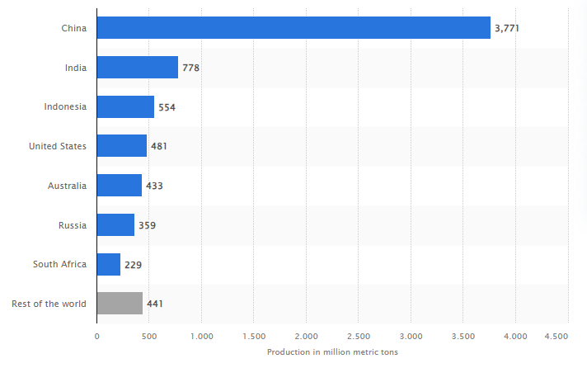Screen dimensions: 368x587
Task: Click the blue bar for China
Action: tap(293, 28)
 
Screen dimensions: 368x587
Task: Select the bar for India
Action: tap(137, 68)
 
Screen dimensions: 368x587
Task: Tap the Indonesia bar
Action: tap(125, 106)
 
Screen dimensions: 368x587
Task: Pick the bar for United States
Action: tap(121, 146)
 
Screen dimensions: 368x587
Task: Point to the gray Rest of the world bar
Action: tap(120, 304)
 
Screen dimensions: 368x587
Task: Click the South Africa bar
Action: tap(108, 264)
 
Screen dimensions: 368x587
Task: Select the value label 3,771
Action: tap(506, 28)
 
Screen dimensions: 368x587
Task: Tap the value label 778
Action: tap(191, 68)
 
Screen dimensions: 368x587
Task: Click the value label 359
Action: tap(148, 225)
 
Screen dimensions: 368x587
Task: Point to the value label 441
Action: tap(156, 304)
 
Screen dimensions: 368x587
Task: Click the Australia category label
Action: tap(67, 186)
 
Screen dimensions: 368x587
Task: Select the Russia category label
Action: tap(72, 225)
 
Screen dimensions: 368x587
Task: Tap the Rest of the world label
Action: tap(49, 304)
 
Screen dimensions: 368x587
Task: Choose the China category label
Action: tap(73, 28)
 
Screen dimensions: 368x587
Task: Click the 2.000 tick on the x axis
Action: tap(306, 336)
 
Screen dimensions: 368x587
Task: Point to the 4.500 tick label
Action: tap(556, 336)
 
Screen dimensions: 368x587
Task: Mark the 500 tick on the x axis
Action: tap(148, 336)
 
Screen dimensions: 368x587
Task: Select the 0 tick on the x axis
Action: tap(96, 336)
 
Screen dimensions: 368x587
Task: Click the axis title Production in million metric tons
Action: tap(332, 351)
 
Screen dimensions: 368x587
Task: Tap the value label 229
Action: tap(134, 264)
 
